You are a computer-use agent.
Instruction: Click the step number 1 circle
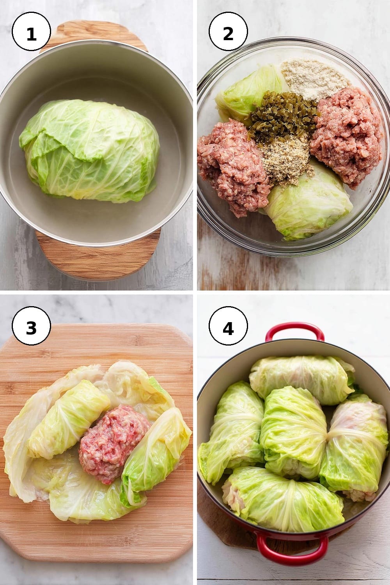click(x=31, y=32)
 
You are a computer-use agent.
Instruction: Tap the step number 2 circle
click(x=228, y=32)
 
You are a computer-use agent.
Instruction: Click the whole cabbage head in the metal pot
click(x=90, y=151)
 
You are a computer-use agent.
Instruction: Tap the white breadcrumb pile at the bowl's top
click(x=315, y=78)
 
